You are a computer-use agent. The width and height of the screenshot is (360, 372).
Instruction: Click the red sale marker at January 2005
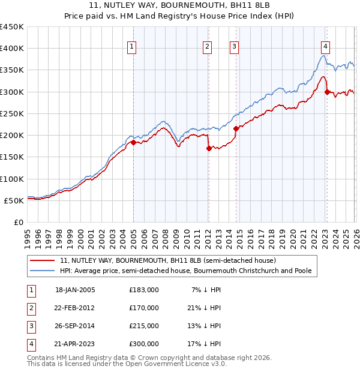click(133, 143)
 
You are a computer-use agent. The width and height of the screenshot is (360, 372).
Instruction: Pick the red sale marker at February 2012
click(209, 148)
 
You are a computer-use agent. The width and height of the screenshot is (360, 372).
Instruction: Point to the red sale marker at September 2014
click(236, 128)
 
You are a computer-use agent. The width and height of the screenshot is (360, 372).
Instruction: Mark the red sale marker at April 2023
click(327, 92)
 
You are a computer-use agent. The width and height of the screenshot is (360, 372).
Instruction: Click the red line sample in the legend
click(43, 260)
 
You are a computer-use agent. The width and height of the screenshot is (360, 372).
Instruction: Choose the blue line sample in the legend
click(43, 271)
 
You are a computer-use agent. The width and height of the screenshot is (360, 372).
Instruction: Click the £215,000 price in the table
click(144, 325)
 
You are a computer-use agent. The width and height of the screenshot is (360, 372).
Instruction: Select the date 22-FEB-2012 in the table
click(75, 308)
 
